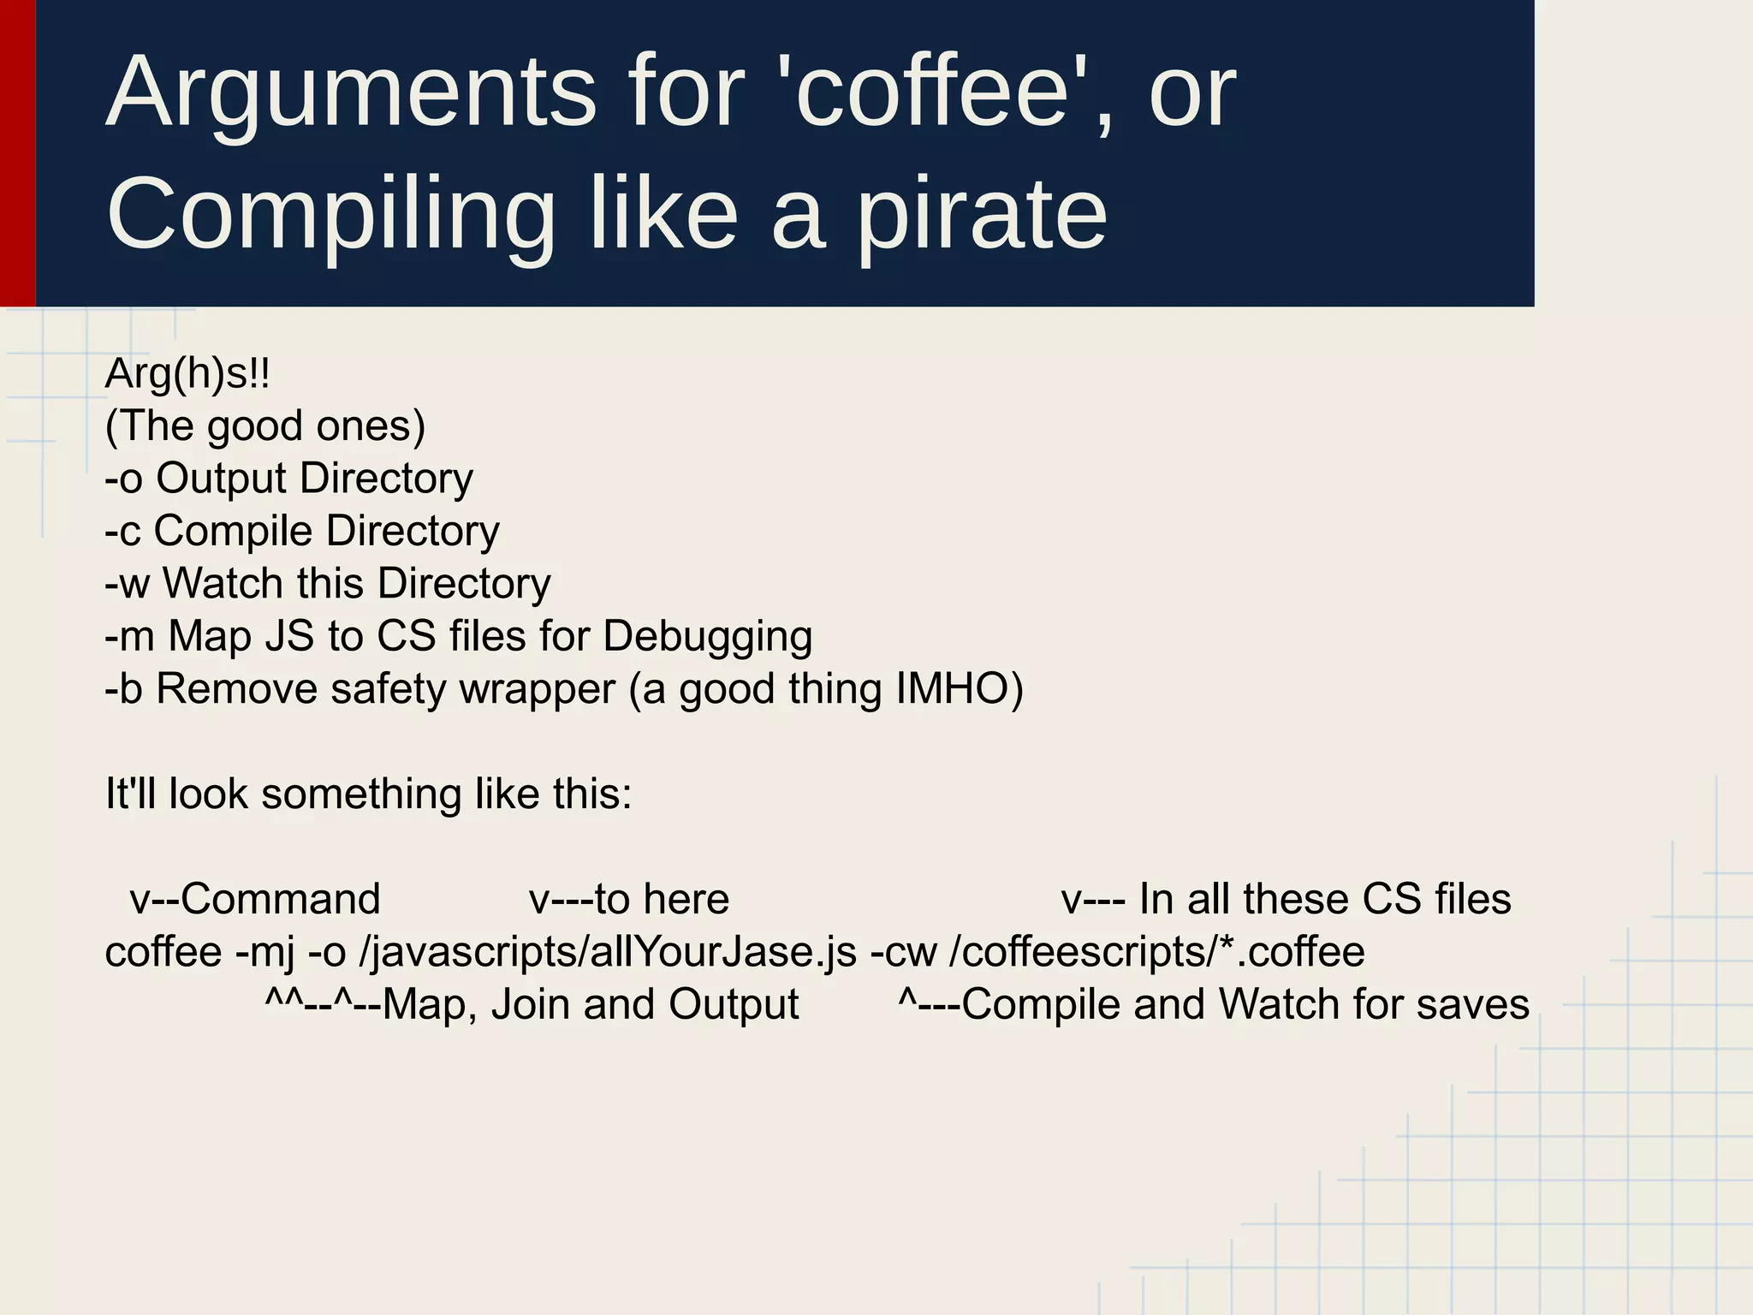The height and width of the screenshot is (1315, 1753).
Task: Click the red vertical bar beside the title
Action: pyautogui.click(x=17, y=152)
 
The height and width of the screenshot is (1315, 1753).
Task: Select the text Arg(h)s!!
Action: pyautogui.click(x=187, y=374)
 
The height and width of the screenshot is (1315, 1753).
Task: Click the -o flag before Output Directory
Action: pyautogui.click(x=123, y=479)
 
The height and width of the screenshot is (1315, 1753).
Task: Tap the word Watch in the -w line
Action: pyautogui.click(x=223, y=584)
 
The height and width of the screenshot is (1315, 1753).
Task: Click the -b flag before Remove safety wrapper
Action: pyautogui.click(x=123, y=689)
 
